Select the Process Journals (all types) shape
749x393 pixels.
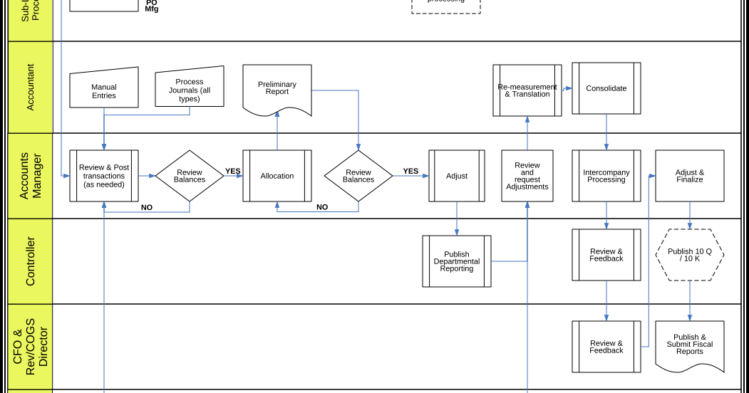click(190, 88)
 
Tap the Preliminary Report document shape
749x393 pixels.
click(277, 88)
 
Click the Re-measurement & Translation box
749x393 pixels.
click(527, 90)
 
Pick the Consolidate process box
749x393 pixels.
click(606, 88)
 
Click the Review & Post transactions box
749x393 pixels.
click(104, 176)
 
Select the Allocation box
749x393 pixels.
click(277, 176)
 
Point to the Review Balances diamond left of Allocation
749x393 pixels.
click(190, 176)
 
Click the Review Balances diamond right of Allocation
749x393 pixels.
click(358, 176)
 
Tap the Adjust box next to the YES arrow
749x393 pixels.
click(457, 176)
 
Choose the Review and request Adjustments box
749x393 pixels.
click(527, 176)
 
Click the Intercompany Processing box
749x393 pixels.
click(606, 176)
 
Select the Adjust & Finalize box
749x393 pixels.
click(690, 176)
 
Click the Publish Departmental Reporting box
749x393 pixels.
click(457, 261)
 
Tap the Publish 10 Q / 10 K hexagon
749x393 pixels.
click(690, 255)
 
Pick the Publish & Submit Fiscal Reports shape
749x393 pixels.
click(690, 345)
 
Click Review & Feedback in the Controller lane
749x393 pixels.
click(606, 255)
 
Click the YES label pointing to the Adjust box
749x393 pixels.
click(410, 171)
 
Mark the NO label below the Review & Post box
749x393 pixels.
click(147, 208)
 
